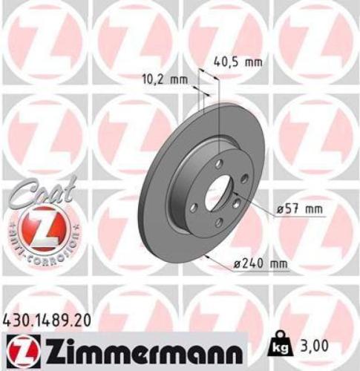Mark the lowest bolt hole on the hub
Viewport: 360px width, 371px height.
(x=217, y=223)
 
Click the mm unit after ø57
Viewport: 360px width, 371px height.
(x=315, y=210)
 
